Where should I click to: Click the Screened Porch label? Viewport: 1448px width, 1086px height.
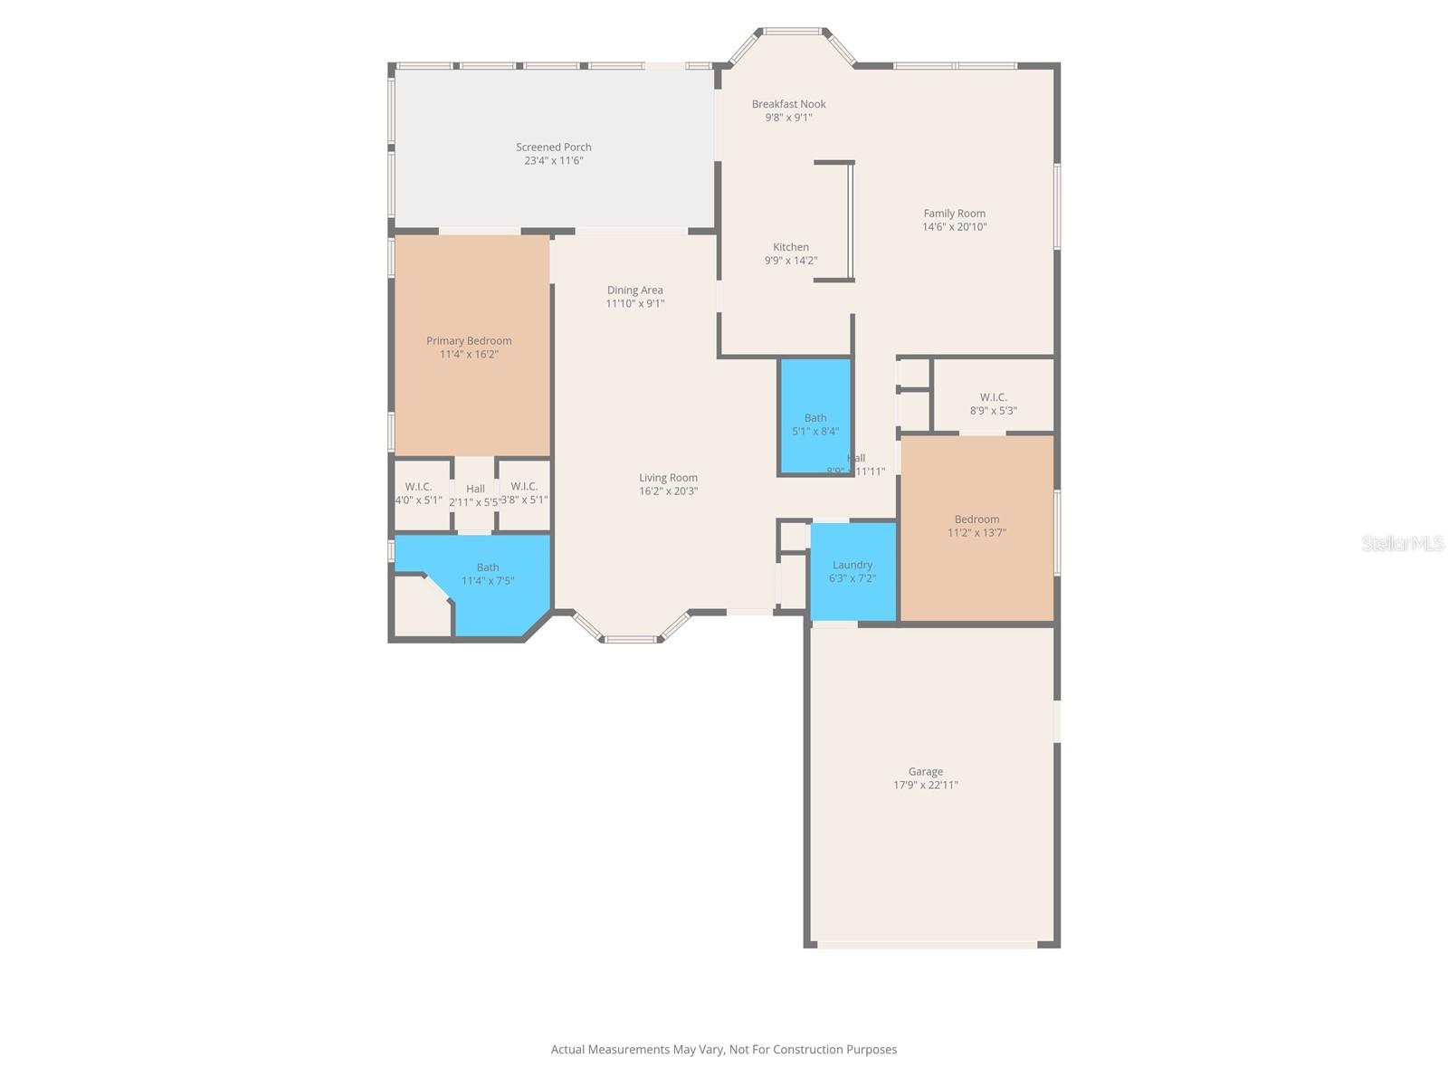tap(553, 147)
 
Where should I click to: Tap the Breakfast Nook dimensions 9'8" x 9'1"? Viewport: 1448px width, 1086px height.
tap(788, 118)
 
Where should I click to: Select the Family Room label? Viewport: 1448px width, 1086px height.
tap(954, 214)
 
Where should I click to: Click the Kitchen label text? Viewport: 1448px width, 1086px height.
tap(790, 247)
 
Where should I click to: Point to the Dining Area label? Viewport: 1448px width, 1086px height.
tap(634, 291)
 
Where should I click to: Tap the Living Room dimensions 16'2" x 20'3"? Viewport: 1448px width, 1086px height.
tap(668, 491)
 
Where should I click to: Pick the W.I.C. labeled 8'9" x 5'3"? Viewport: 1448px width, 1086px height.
tap(993, 404)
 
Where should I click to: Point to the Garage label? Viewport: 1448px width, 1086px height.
tap(925, 772)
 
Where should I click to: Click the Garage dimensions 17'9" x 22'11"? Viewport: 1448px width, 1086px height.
tap(925, 786)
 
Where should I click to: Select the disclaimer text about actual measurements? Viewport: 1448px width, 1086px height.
tap(723, 1050)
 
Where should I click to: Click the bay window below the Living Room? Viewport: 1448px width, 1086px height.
tap(631, 633)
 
